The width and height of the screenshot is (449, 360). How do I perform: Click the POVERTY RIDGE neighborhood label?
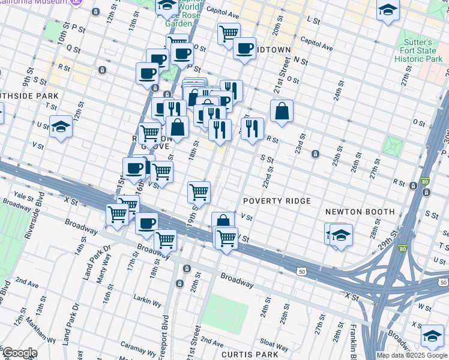pyautogui.click(x=277, y=201)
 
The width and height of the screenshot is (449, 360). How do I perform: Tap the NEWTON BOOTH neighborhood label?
pyautogui.click(x=360, y=212)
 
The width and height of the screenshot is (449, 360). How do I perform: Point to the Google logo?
pyautogui.click(x=19, y=353)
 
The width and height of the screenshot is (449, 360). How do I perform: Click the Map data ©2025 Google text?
pyautogui.click(x=412, y=355)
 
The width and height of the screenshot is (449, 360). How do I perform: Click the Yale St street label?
pyautogui.click(x=23, y=196)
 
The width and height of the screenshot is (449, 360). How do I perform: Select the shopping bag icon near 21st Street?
pyautogui.click(x=281, y=112)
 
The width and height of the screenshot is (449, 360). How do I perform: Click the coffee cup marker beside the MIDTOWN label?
pyautogui.click(x=244, y=49)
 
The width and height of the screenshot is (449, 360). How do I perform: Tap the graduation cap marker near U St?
pyautogui.click(x=61, y=127)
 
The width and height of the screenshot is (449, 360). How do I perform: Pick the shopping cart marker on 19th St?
pyautogui.click(x=199, y=193)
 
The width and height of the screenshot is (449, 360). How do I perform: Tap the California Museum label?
pyautogui.click(x=33, y=2)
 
